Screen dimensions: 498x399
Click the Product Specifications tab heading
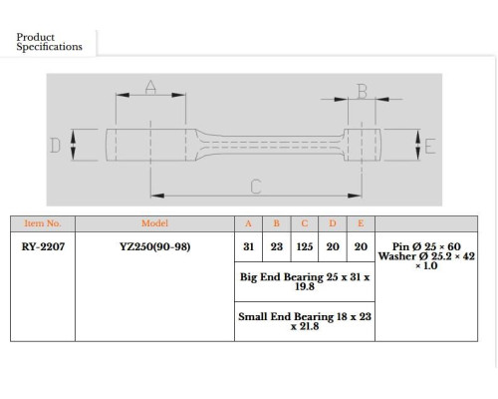49,42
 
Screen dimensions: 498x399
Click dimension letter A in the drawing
150,87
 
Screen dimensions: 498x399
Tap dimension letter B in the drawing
363,92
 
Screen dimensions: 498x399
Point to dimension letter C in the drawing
256,187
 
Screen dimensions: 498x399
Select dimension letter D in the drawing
55,146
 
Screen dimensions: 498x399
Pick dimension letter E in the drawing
430,146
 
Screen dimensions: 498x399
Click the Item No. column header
43,223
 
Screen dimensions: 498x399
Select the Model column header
154,223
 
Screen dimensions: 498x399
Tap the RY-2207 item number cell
43,246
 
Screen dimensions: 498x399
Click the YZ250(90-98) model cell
155,246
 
